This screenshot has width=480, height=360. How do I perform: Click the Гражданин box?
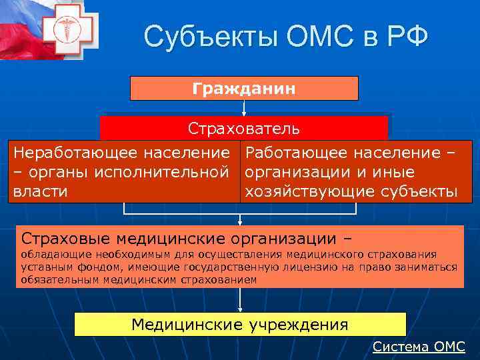(x=244, y=88)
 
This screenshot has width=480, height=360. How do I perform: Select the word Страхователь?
(x=244, y=127)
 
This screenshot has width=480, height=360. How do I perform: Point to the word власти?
(x=41, y=192)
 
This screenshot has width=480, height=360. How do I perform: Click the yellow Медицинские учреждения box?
(x=240, y=325)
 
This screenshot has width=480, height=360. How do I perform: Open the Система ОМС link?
(x=419, y=347)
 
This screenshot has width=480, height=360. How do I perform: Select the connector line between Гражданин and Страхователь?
(x=244, y=108)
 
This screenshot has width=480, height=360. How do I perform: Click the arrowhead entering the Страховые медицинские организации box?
(x=240, y=222)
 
